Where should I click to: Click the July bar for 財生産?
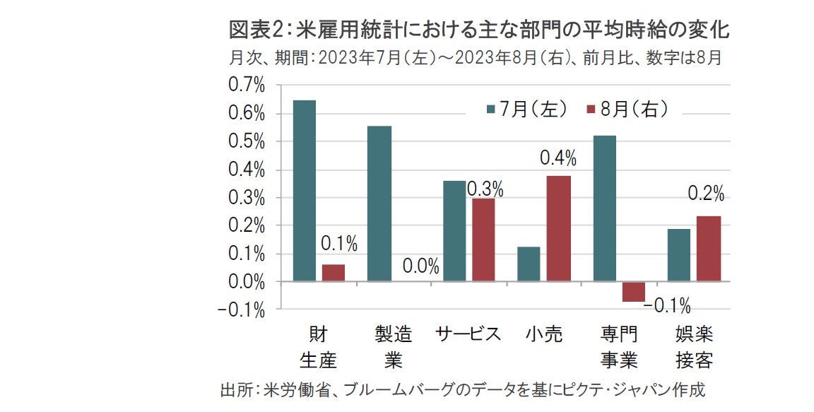click(x=305, y=191)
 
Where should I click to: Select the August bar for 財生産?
click(x=334, y=273)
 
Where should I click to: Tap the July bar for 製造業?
click(x=379, y=204)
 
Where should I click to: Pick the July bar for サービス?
click(x=454, y=231)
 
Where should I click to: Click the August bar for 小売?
click(x=558, y=228)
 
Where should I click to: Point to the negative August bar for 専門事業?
click(x=633, y=291)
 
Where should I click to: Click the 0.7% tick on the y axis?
click(x=247, y=86)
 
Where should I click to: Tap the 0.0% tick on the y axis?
click(x=247, y=281)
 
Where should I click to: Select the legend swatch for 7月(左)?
click(x=491, y=110)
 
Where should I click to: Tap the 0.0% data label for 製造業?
click(x=421, y=267)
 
